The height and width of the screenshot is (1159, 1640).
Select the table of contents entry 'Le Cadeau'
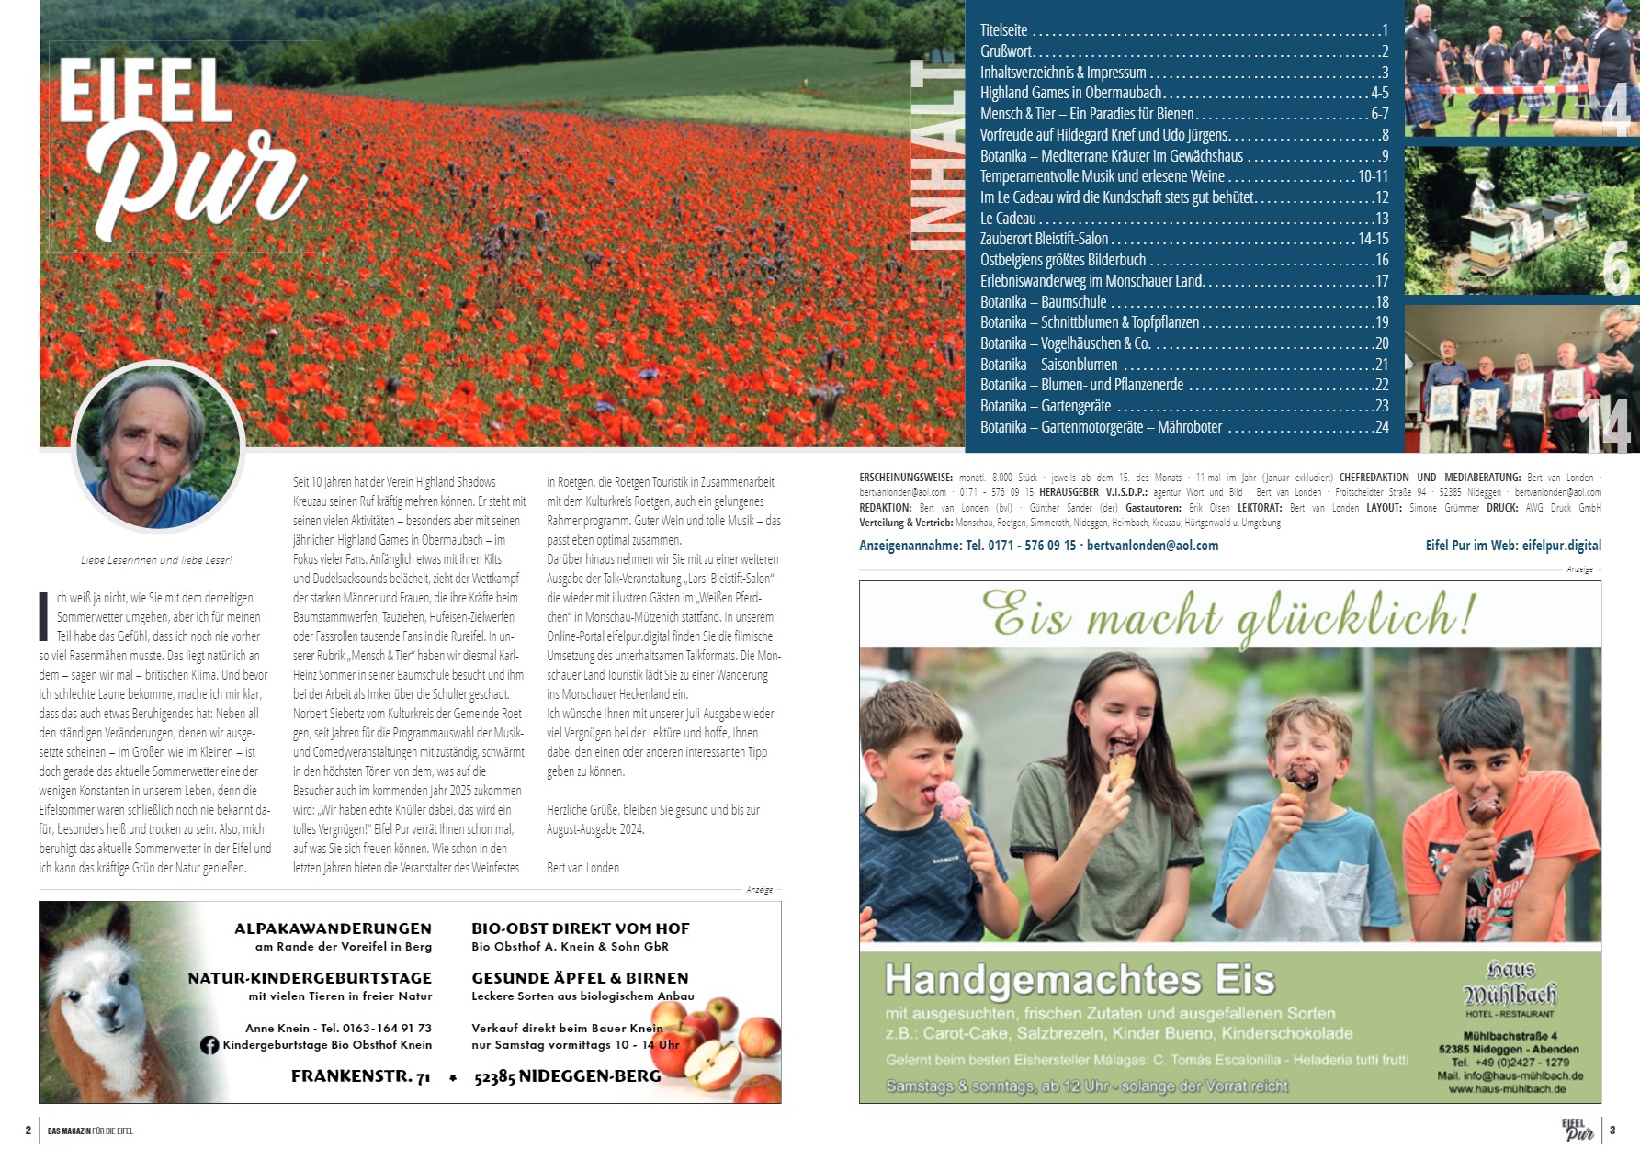(x=1008, y=219)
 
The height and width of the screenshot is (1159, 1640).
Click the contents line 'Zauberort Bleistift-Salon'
(x=1044, y=239)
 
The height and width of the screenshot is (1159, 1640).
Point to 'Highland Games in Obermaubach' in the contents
(x=1070, y=93)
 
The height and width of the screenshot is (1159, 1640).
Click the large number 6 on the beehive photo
(x=1617, y=267)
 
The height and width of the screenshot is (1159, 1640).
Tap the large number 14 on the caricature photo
(x=1603, y=425)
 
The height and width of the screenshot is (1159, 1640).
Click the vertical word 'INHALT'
(x=936, y=156)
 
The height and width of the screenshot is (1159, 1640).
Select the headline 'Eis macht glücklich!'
(x=1228, y=614)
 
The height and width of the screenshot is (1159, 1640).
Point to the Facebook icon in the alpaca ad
(x=209, y=1045)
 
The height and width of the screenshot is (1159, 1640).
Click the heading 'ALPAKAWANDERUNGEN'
(x=333, y=928)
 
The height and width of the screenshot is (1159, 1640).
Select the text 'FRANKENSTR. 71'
(x=360, y=1076)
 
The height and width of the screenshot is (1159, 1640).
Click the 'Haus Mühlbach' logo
(x=1510, y=984)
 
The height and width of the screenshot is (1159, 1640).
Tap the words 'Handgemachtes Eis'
(x=1080, y=980)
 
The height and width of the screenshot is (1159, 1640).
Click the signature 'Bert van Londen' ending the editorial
(x=582, y=868)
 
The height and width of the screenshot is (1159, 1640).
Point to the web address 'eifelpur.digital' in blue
(x=1561, y=546)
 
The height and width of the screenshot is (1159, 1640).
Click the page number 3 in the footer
(x=1612, y=1131)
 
